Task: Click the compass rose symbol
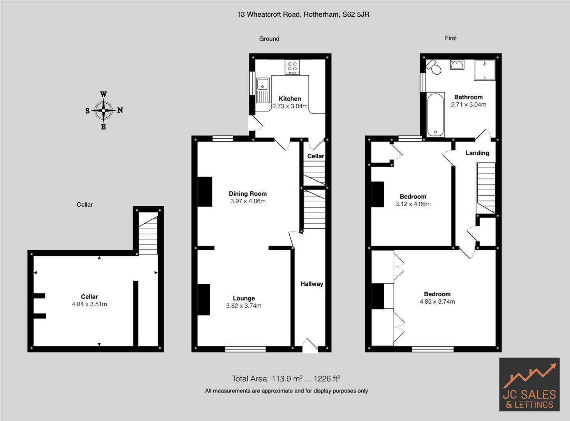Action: click(104, 110)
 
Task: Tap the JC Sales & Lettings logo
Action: click(529, 384)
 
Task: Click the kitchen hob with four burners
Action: click(292, 67)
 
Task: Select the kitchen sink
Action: click(263, 90)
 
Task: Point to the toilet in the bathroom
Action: click(434, 67)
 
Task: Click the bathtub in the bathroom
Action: click(435, 115)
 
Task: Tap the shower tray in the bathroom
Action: click(484, 70)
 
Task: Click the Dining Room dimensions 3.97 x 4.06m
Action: click(248, 201)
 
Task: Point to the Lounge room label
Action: click(244, 298)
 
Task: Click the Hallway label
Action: click(311, 284)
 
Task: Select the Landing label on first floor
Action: click(477, 153)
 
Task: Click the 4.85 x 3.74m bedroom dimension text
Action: click(437, 301)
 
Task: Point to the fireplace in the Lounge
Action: click(204, 299)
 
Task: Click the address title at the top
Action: click(303, 14)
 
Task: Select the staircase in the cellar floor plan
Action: click(148, 234)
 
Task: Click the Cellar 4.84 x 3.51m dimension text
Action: click(89, 304)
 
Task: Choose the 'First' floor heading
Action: click(450, 38)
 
